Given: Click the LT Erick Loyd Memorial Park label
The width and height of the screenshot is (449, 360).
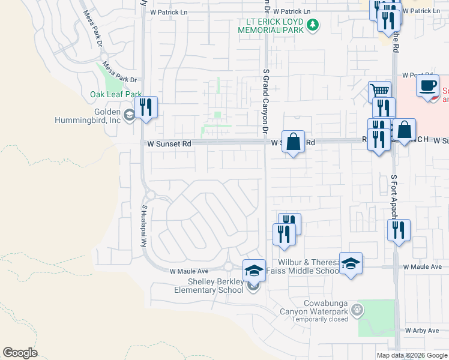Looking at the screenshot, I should coord(271,25).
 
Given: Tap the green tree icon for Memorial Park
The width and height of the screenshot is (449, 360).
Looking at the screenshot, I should coord(312,25).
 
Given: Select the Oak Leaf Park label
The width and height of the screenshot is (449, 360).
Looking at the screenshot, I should coord(116,94).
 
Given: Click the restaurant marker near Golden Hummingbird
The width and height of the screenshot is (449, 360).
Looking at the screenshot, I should coord(146,107).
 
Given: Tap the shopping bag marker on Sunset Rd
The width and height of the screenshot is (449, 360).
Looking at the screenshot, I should coord(293,142).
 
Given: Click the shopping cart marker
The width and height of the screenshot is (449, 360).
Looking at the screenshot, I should coord(379,92).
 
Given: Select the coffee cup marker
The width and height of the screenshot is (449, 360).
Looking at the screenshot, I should coord(427,85).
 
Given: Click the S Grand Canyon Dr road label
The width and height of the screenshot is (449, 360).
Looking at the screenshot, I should coord(265,101).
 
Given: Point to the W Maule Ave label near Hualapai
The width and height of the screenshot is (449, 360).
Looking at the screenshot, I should coord(188,271).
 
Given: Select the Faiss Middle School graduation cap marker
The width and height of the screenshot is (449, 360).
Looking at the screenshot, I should coord(351,263).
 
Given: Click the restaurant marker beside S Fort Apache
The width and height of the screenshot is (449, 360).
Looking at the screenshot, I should coord(399,230).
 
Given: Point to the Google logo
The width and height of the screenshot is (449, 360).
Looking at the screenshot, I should coord(20,352).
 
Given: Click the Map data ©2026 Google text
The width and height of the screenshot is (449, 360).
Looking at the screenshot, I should coord(412,355).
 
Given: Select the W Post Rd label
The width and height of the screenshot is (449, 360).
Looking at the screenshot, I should coord(417,76).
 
